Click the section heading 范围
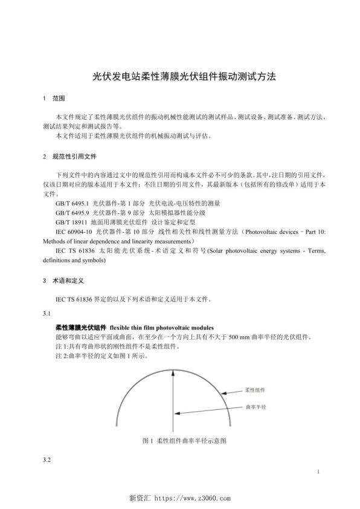[x=59, y=98]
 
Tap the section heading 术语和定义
[x=67, y=280]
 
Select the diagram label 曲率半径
[x=256, y=407]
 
